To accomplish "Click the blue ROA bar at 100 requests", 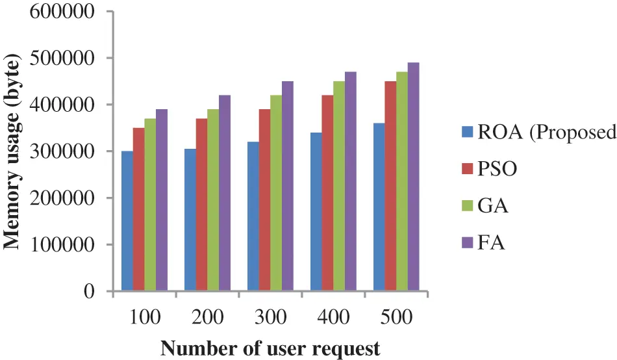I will [127, 222].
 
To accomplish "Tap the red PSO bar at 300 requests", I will [264, 201].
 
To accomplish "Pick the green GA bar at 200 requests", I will [213, 201].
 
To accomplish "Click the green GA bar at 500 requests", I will [402, 182].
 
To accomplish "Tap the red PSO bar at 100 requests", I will [138, 210].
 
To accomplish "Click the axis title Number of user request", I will [270, 348].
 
